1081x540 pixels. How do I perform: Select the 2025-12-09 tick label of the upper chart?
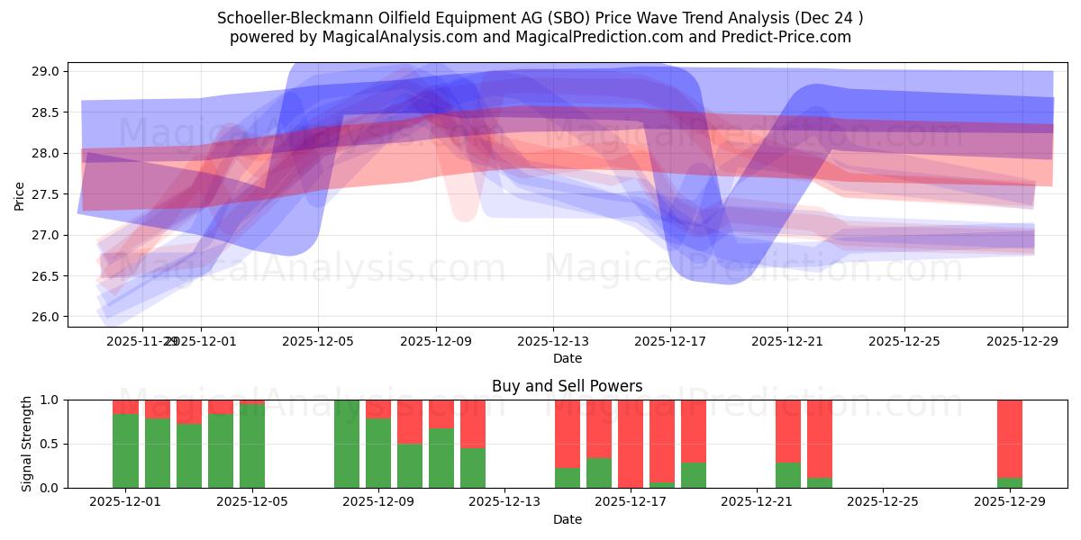coord(436,341)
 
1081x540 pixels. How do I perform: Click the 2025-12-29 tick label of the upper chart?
coord(1022,341)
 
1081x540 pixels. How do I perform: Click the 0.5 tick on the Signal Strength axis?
coord(50,444)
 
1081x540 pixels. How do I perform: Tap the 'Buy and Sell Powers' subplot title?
coord(567,386)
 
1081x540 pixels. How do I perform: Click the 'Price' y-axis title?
coord(20,194)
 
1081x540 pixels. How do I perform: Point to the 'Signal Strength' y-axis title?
coord(27,443)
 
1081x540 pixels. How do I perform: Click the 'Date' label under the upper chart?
coord(567,358)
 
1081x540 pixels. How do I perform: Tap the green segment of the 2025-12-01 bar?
coord(126,450)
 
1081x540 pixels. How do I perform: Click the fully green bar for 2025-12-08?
coord(347,444)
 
